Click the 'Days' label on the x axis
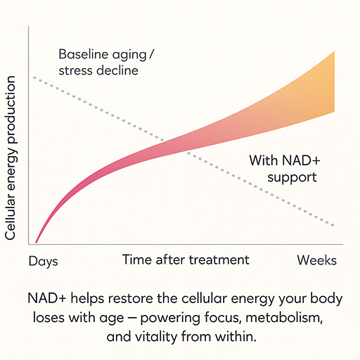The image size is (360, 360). point(43,261)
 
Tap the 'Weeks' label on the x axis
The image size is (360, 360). point(316,260)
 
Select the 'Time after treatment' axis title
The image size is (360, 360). point(186,259)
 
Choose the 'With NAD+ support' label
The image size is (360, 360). point(283,169)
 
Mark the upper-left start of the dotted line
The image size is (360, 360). point(33,77)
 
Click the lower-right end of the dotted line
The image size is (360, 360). point(333,226)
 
